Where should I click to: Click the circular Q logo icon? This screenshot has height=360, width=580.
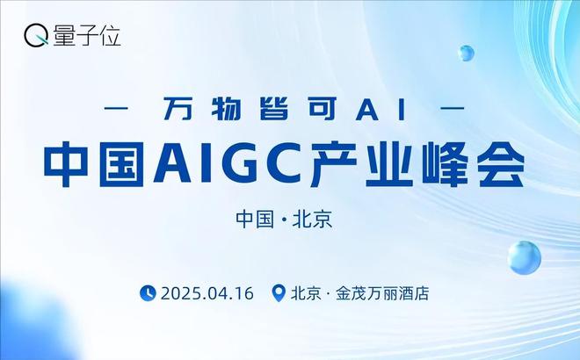[36, 36]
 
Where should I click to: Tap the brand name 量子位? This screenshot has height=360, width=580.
[87, 36]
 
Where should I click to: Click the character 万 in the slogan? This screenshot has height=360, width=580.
[178, 109]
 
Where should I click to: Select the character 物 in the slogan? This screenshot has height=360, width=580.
[226, 109]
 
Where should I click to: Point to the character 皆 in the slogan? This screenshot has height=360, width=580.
[274, 109]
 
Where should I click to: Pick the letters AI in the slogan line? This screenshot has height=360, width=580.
[381, 110]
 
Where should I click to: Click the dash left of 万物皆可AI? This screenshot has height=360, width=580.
[116, 109]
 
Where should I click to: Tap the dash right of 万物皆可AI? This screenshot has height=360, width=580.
[453, 109]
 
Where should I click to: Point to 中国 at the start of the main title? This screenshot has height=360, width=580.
[94, 164]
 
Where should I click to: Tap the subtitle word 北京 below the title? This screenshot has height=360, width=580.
[313, 220]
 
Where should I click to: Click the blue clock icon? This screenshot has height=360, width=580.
[148, 293]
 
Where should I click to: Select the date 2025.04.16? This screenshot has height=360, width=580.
[207, 293]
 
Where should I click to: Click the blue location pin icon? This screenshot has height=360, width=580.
[279, 293]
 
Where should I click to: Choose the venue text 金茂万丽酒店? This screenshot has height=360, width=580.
[382, 293]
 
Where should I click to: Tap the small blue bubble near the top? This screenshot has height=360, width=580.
[466, 54]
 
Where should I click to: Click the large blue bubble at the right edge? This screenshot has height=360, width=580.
[524, 257]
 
